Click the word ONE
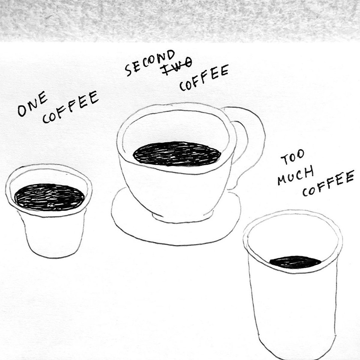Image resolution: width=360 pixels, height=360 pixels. click(33, 103)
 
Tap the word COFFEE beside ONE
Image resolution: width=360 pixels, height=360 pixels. click(70, 107)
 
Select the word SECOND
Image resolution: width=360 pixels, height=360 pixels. click(150, 63)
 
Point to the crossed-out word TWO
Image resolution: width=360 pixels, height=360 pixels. click(177, 66)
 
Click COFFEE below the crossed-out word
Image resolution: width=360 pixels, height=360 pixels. click(204, 78)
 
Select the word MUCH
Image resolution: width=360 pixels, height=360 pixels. click(296, 175)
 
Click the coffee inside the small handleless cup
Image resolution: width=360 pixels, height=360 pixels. click(49, 197)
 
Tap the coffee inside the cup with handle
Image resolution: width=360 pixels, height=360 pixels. click(177, 154)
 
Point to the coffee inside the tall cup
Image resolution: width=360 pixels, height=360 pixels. click(295, 262)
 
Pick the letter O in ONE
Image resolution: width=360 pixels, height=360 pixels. click(22, 111)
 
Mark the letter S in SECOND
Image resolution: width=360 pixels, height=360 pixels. click(129, 70)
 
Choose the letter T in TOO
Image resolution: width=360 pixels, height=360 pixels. click(285, 160)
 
